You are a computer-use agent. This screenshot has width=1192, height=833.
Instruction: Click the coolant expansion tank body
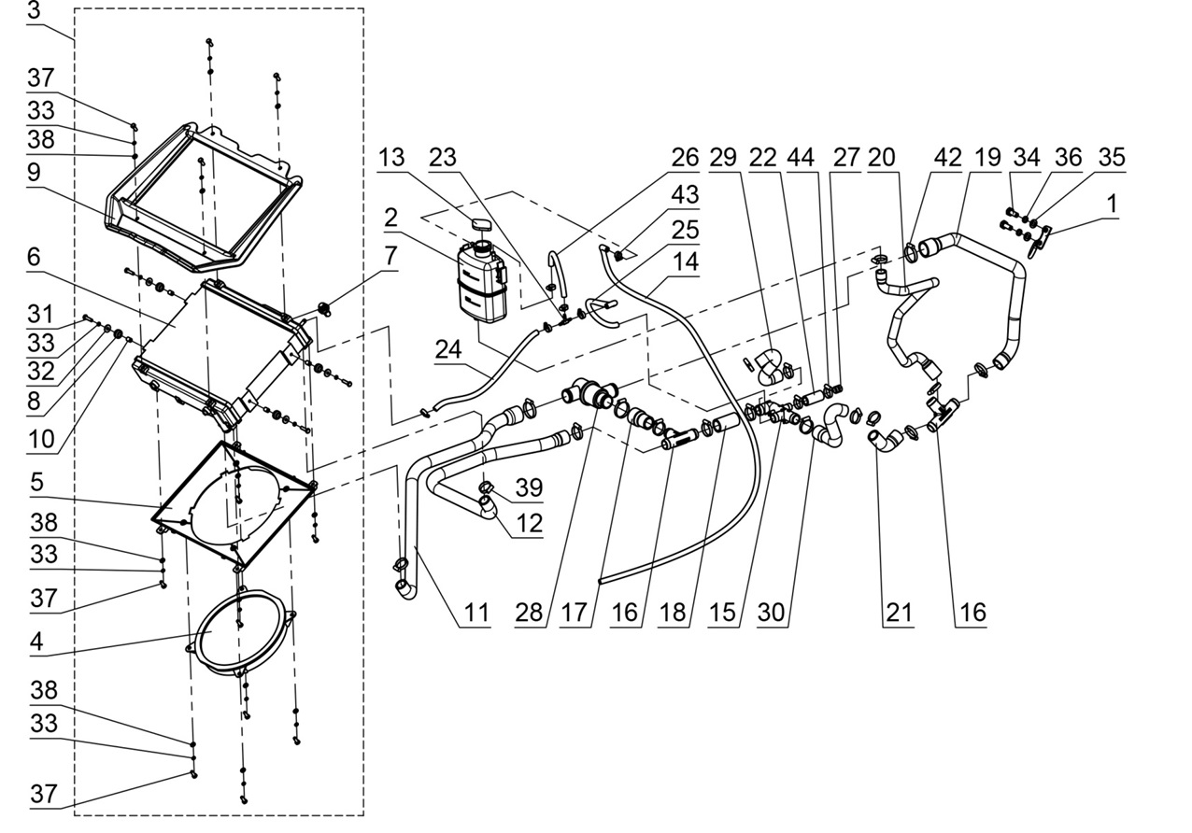479,280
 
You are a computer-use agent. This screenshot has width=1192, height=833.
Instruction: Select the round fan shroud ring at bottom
240,634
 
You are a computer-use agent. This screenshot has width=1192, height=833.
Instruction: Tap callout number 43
684,195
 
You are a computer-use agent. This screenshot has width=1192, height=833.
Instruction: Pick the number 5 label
36,484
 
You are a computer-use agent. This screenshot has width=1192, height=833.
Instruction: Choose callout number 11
476,613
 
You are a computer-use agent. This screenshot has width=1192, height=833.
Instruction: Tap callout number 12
529,524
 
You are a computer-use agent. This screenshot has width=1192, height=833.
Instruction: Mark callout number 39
529,488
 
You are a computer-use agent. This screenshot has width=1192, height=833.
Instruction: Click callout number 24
447,349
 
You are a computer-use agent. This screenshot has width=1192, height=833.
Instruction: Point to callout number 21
897,613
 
